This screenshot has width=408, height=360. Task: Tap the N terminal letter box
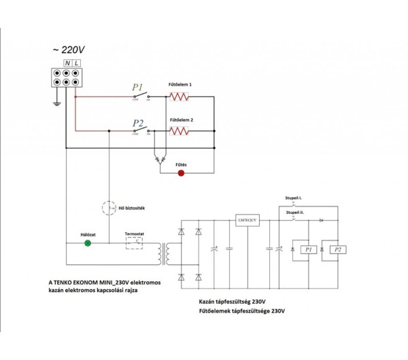[68, 63]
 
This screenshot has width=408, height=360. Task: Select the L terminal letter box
[78, 63]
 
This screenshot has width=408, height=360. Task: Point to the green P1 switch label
[137, 88]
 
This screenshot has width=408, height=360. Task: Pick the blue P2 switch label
[138, 123]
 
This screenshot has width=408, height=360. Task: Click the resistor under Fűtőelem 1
[180, 96]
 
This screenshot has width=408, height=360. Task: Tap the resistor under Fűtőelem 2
[180, 131]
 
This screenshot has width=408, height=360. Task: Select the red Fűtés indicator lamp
[181, 173]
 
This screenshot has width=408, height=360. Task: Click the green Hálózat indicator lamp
[87, 242]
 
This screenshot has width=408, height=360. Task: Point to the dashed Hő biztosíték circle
[108, 207]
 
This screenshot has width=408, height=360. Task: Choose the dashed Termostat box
[133, 242]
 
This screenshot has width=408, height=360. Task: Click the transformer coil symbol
[162, 253]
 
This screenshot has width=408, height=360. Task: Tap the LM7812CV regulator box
[245, 220]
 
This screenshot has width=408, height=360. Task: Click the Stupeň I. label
[294, 198]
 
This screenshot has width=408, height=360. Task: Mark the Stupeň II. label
[294, 213]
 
